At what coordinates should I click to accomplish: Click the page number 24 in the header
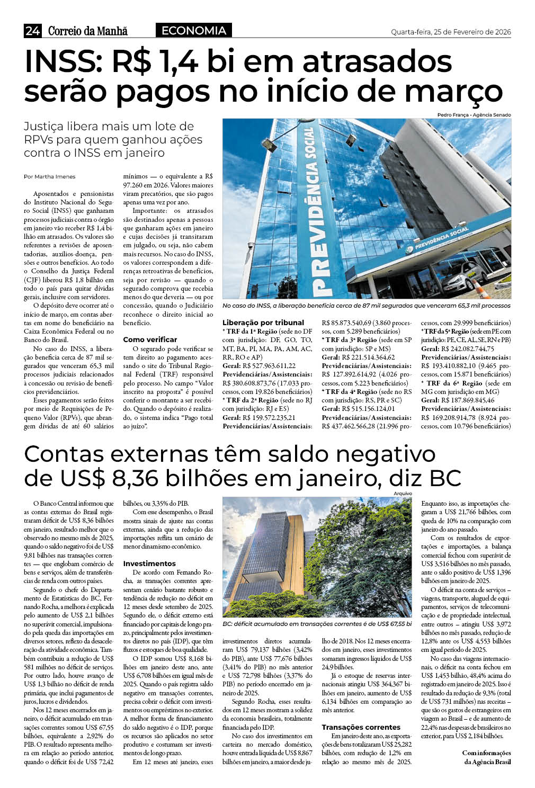[32, 31]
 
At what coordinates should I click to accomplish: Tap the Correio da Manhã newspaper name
[88, 31]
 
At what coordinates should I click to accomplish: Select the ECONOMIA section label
[193, 31]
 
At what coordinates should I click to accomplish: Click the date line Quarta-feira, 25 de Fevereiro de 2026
[451, 32]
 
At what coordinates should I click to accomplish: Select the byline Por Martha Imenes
[50, 177]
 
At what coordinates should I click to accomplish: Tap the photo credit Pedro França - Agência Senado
[474, 115]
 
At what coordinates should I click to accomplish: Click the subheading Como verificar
[150, 339]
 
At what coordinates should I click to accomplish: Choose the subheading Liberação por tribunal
[263, 323]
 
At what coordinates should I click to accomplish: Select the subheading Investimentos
[149, 563]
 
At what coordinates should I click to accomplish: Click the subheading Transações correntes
[361, 727]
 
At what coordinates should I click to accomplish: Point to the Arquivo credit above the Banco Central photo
[403, 494]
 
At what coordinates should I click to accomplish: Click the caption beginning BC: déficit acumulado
[317, 624]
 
